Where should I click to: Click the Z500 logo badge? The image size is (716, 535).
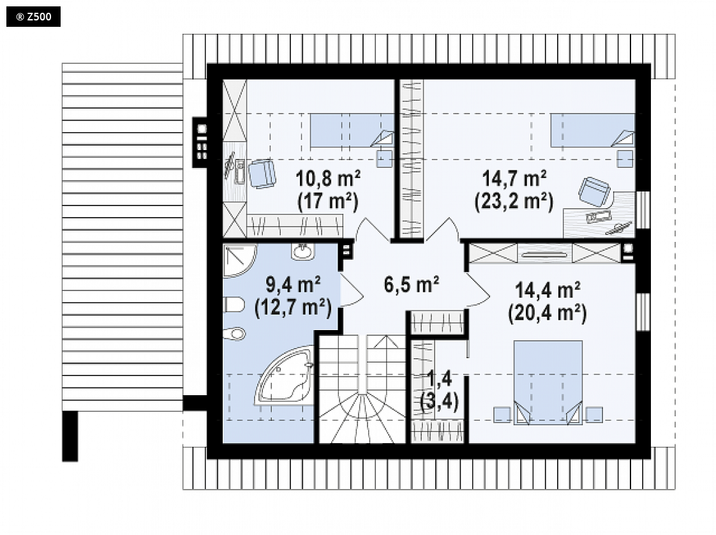(x=33, y=17)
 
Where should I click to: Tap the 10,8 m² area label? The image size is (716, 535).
(x=328, y=178)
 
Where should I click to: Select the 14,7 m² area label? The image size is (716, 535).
(x=514, y=178)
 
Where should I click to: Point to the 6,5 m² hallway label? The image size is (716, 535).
(x=412, y=284)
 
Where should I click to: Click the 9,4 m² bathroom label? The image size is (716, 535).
(x=293, y=285)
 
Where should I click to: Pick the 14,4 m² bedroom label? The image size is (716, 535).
(x=548, y=290)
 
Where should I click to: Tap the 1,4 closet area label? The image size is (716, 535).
(x=439, y=379)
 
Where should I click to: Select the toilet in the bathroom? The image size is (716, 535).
(x=234, y=305)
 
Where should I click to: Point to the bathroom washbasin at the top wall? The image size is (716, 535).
(x=302, y=252)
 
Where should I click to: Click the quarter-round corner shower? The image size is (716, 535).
(x=239, y=260)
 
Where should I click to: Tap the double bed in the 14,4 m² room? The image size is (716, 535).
(x=548, y=382)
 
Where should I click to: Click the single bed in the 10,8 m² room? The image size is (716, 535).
(x=352, y=131)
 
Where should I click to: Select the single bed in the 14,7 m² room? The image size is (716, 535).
(x=592, y=131)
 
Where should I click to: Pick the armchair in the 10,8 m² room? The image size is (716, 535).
(x=262, y=174)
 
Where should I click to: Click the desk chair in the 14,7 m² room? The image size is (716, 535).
(x=594, y=191)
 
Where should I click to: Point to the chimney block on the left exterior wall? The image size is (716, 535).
(x=200, y=142)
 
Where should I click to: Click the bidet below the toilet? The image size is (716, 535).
(x=235, y=333)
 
